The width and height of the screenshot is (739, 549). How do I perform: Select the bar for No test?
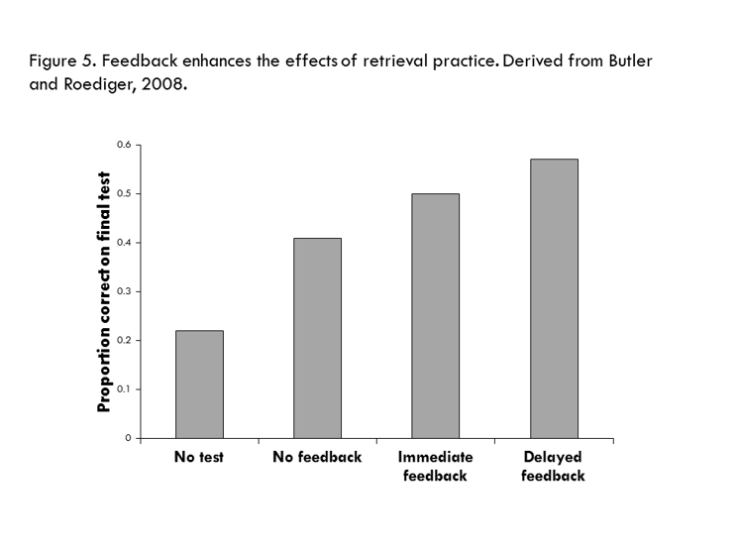199,384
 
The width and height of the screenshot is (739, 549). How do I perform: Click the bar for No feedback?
317,338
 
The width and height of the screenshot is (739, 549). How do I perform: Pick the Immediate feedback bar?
435,316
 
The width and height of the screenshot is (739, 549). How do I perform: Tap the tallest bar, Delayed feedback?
553,298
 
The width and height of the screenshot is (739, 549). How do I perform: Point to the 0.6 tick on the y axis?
124,146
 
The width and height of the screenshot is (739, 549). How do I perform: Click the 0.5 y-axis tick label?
124,194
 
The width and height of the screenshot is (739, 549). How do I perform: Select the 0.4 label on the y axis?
124,243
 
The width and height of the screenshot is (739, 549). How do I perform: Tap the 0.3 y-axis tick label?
124,291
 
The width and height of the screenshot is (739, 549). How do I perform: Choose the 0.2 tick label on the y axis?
124,340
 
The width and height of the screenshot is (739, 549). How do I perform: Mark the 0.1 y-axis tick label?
124,389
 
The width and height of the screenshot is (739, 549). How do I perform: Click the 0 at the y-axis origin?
128,438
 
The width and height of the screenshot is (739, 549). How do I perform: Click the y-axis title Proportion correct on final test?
103,291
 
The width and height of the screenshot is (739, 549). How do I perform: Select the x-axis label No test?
199,458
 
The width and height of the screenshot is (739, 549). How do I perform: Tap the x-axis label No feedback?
317,458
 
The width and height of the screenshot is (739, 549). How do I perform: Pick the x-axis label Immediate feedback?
435,467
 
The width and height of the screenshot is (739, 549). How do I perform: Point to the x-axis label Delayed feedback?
553,467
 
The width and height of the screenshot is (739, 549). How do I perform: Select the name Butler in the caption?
629,60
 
